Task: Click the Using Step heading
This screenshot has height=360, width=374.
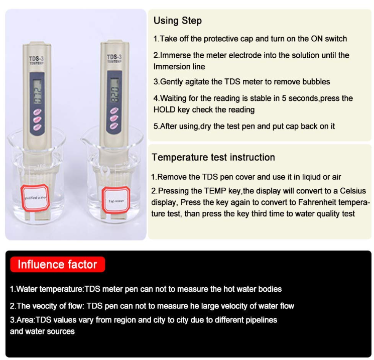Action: pos(178,21)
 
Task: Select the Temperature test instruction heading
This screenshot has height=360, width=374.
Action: pos(213,157)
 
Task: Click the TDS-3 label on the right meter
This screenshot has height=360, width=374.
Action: pos(113,57)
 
